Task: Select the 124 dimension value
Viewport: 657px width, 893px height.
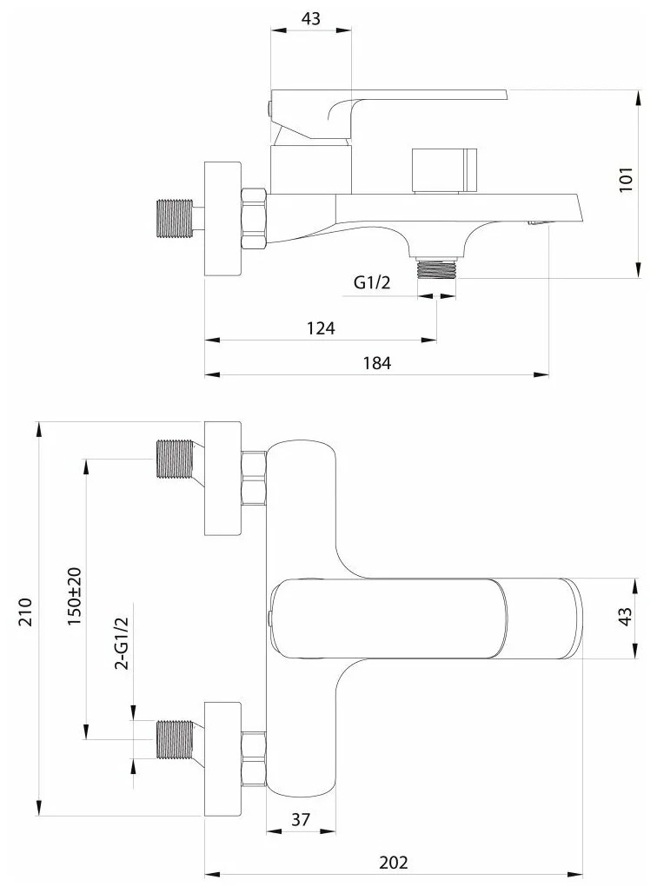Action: pos(321,328)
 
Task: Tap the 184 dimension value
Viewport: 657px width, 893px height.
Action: pos(376,362)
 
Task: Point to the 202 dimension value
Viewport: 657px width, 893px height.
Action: pos(393,863)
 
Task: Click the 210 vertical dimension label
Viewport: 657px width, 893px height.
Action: pos(26,612)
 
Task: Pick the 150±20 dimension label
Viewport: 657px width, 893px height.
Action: pos(75,596)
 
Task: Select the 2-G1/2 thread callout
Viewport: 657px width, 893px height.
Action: pos(122,643)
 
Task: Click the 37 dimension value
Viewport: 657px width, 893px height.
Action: pos(301,819)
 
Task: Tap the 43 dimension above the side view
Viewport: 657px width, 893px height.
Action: pos(310,19)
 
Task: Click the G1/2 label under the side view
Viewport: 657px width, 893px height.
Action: pos(372,282)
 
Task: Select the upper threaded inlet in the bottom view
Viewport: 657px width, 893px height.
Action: pos(175,459)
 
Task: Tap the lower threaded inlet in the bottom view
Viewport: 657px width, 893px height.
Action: pos(175,739)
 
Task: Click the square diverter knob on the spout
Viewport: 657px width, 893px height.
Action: pos(444,171)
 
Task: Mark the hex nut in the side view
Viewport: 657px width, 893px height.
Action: pos(254,218)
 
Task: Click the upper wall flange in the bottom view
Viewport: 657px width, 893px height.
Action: pos(222,479)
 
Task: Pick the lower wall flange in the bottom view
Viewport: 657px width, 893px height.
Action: pos(222,758)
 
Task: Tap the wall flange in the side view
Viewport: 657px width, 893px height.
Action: pos(222,218)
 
